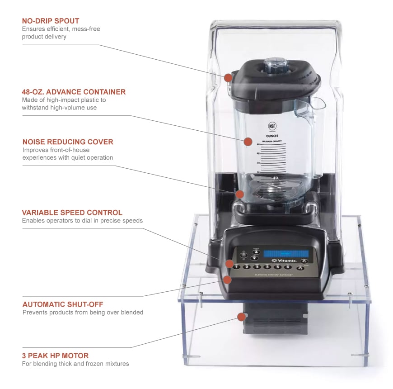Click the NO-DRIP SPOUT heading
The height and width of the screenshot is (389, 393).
(x=50, y=21)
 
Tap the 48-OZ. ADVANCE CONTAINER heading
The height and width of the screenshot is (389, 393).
(x=74, y=92)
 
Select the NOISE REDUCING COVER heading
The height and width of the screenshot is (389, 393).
(x=68, y=142)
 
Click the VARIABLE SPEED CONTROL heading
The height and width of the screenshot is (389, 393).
(x=72, y=212)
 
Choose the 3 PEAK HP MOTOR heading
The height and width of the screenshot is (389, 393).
(x=55, y=356)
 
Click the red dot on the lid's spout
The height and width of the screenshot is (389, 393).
(x=229, y=78)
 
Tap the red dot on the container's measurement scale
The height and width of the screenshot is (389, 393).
(x=248, y=142)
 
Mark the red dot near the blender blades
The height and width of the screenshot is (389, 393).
(x=240, y=194)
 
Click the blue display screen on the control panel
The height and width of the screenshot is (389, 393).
(x=286, y=253)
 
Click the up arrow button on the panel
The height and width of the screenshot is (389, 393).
(x=254, y=251)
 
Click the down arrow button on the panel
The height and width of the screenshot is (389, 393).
(x=254, y=258)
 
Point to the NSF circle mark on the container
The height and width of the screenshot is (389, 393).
(x=272, y=126)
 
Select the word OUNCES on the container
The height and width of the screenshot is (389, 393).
(x=272, y=135)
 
